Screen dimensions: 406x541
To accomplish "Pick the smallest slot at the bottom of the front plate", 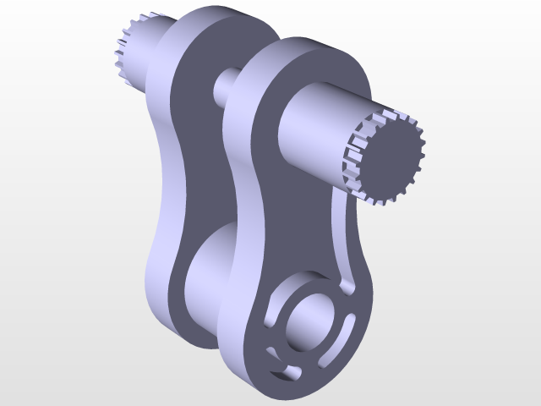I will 282,372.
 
